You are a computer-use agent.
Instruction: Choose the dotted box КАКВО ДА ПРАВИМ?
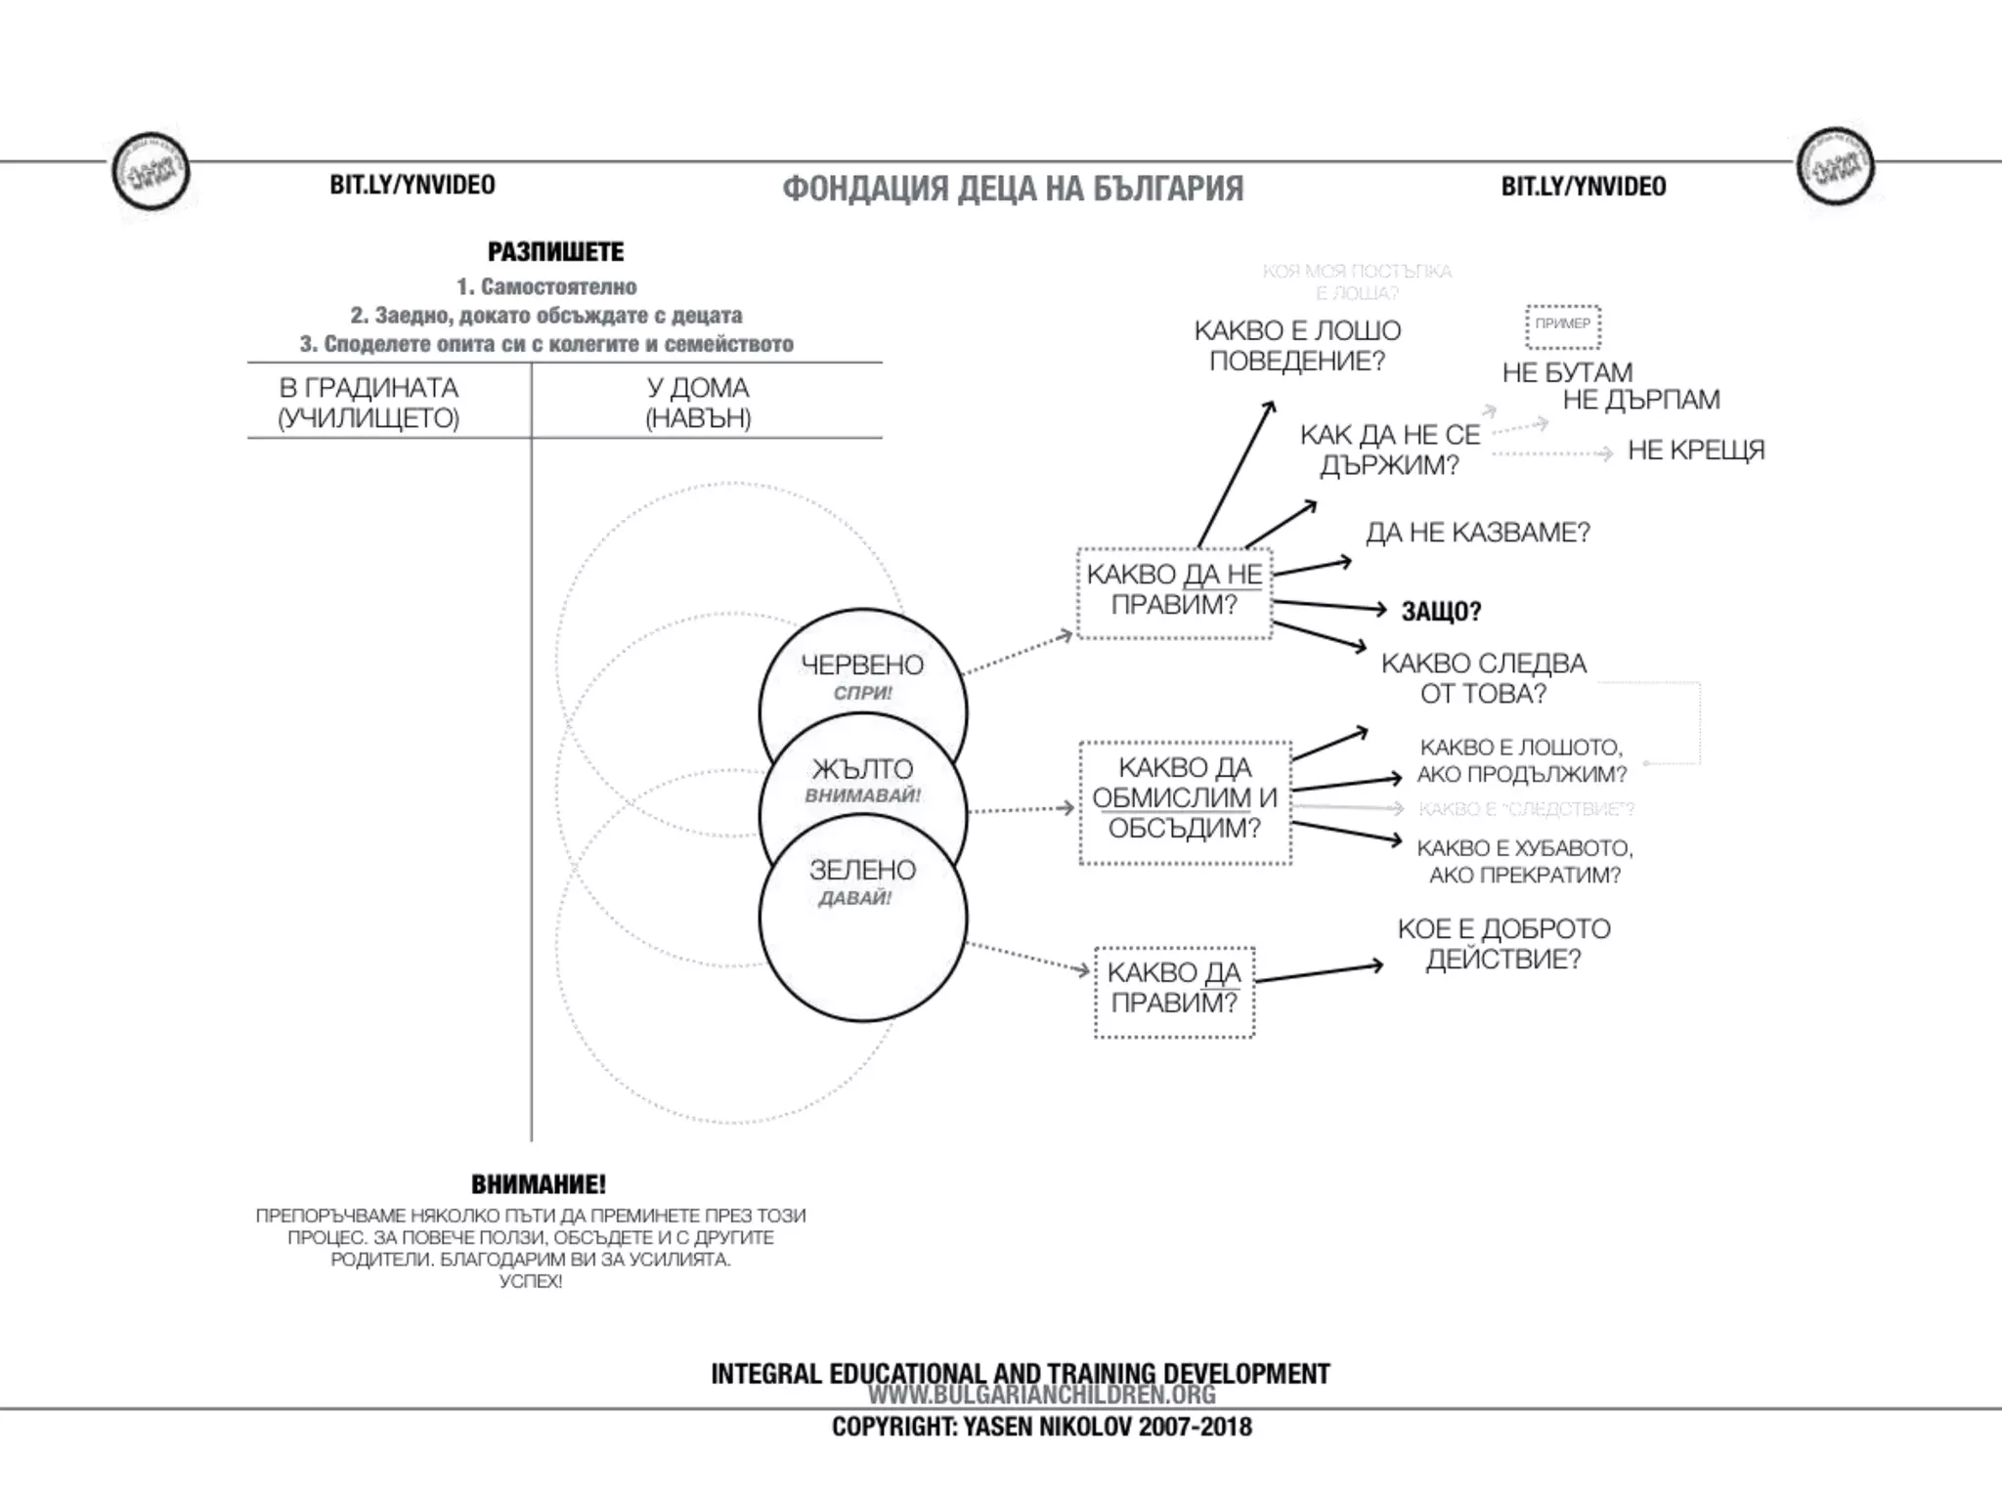coord(1174,988)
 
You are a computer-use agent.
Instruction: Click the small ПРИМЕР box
coord(1562,324)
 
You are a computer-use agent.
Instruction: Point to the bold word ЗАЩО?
coord(1441,612)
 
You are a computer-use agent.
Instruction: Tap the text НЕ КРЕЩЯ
coord(1696,450)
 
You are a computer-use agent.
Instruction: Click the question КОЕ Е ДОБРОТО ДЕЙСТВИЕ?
coord(1503,944)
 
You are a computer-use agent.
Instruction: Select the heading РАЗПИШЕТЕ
coord(555,252)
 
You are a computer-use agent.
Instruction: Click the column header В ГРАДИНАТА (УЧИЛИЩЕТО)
coord(369,403)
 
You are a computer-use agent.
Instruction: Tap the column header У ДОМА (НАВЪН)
coord(698,403)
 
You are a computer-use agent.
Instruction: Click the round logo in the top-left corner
coord(150,172)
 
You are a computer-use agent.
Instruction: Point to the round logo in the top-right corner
coord(1835,167)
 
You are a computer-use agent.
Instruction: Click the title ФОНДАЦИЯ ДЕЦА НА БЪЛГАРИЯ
coord(1013,189)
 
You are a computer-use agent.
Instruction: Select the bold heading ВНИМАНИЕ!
coord(539,1184)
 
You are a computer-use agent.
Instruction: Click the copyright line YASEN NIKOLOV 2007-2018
coord(1041,1427)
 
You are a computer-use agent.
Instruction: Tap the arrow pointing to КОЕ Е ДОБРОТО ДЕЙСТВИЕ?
coord(1319,973)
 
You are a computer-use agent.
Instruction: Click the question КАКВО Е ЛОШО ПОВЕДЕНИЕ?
coord(1297,346)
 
